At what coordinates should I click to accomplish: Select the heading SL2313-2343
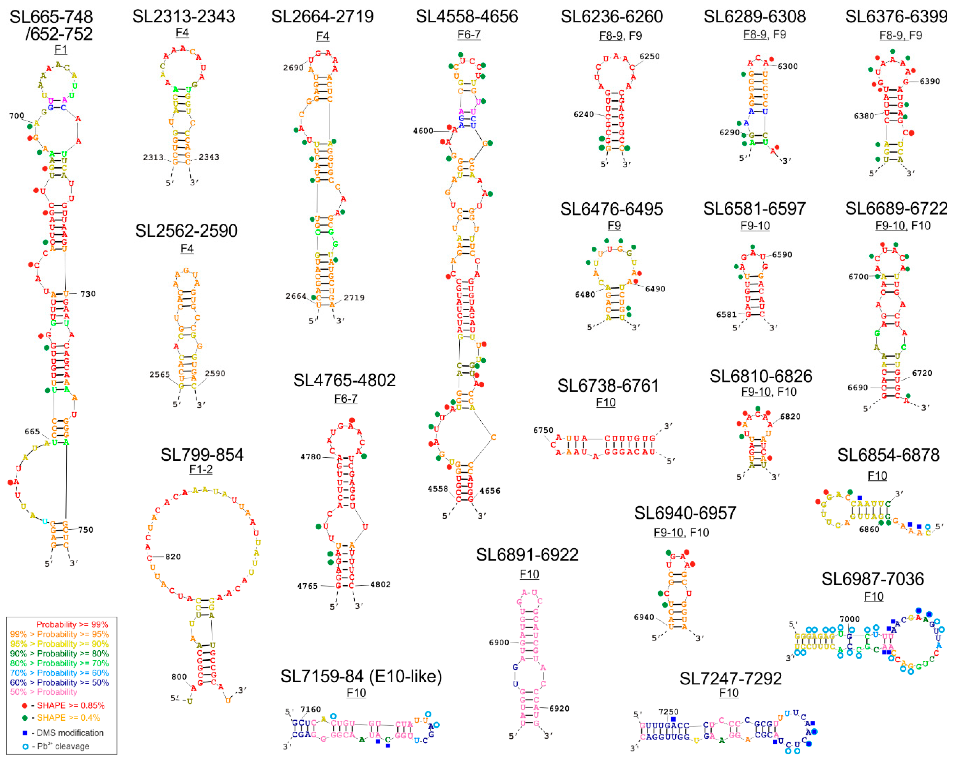coord(184,16)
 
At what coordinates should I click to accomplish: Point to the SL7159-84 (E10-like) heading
coord(361,676)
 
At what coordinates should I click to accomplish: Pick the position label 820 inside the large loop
coord(173,556)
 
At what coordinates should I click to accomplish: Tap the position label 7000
coord(849,619)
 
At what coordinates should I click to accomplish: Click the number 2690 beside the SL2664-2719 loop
coord(293,67)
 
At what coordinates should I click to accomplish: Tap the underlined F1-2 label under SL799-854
coord(201,469)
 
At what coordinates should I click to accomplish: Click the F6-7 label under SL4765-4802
coord(345,399)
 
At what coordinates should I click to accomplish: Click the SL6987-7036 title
coord(873,579)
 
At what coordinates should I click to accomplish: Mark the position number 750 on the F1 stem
coord(86,529)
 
